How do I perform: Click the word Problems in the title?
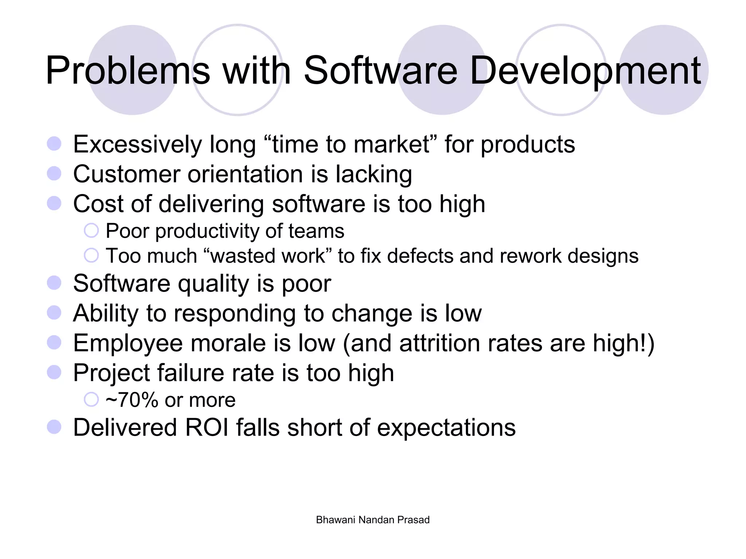click(128, 71)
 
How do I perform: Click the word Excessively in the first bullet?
click(137, 144)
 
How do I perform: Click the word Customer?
click(127, 174)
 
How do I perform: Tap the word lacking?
click(374, 175)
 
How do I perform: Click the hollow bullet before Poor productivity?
click(91, 231)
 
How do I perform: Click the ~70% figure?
click(132, 400)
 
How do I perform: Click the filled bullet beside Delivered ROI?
click(54, 427)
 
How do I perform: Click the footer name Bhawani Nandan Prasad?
click(373, 520)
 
